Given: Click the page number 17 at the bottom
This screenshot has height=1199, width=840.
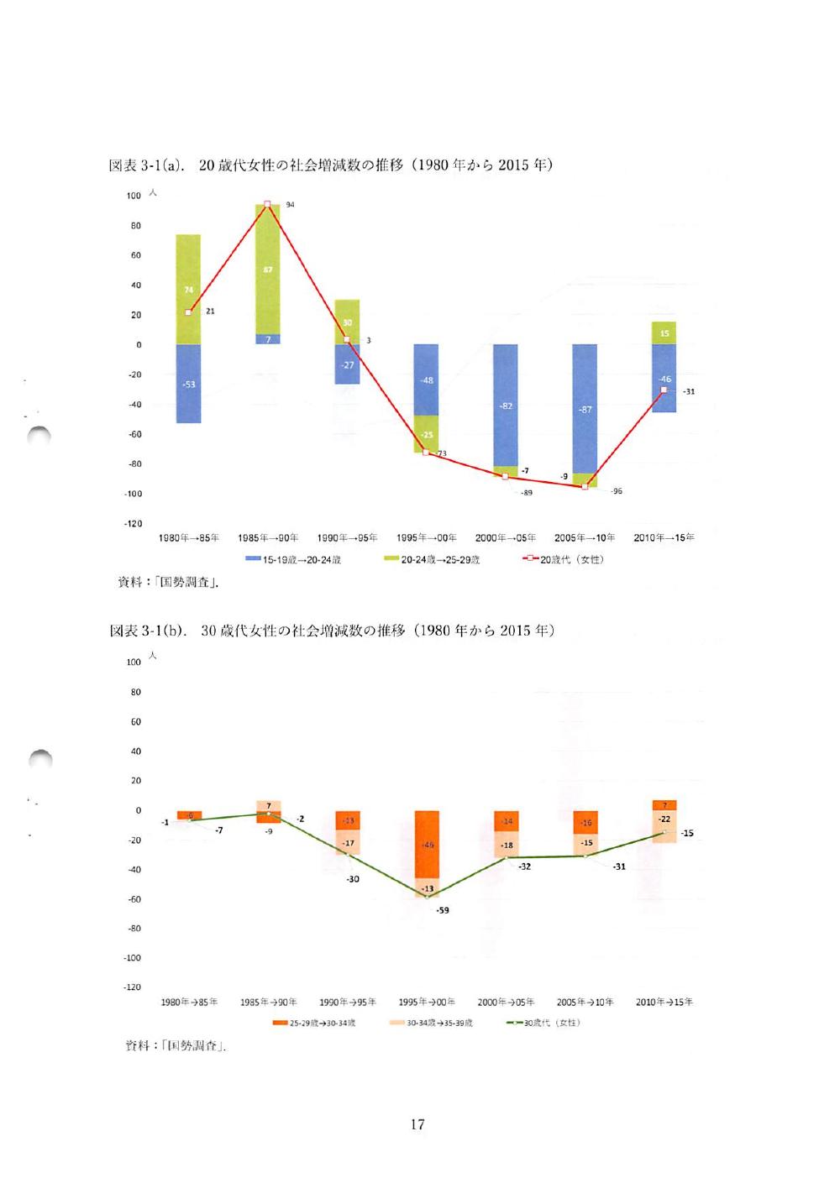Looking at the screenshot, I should pos(417,1124).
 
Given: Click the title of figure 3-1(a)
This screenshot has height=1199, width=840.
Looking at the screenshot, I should pos(331,165).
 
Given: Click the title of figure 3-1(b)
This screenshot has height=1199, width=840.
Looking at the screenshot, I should pos(332,631).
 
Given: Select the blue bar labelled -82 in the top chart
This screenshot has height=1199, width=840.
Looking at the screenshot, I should pos(506,405).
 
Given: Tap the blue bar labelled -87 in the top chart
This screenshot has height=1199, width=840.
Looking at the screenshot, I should pos(585,409).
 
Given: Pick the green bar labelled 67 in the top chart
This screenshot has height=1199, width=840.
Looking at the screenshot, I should pos(267,270).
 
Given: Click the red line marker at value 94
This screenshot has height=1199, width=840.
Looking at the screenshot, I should pos(267,204).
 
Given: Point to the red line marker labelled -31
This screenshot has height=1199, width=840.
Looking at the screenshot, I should pos(664,390).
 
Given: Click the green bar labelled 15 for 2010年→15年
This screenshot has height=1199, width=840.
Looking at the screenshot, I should pos(664,333).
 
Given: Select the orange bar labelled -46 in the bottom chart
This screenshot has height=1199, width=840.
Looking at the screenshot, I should pos(427,844).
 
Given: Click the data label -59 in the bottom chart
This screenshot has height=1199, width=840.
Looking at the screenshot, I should pos(443,910).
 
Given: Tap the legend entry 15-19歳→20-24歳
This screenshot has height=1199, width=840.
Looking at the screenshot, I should pos(293,559).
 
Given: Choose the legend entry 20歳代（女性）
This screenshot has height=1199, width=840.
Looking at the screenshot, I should pos(564,559).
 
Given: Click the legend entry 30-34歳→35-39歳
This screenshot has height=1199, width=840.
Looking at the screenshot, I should pos(432,1023).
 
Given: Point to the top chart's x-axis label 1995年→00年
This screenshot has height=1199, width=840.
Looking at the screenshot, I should pos(427,538).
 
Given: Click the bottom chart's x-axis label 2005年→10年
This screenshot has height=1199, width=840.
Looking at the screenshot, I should pos(585,1003).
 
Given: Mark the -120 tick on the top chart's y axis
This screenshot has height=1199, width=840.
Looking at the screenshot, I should pos(133,524).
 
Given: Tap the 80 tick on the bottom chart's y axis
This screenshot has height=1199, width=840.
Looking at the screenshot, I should pos(135,693).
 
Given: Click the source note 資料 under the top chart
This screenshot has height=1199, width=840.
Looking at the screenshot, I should pos(169,582).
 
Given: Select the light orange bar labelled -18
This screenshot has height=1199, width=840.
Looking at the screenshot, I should pos(506,846).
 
